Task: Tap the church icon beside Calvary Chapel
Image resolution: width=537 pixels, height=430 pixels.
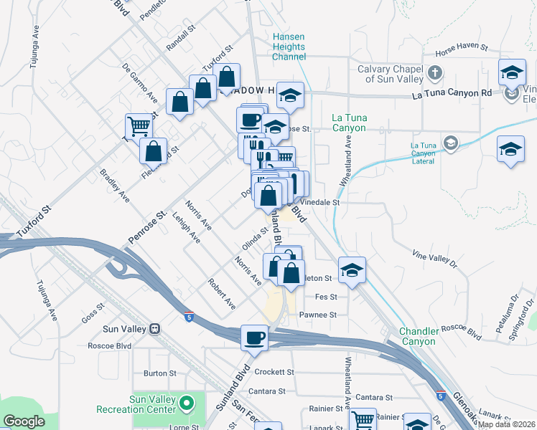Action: click(x=436, y=73)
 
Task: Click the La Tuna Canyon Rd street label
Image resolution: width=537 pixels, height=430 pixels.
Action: click(x=452, y=93)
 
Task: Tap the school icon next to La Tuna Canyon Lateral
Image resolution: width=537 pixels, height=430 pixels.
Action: click(x=450, y=141)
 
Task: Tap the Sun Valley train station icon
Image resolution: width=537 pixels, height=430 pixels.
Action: click(x=153, y=329)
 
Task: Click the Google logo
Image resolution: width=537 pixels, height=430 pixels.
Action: click(x=24, y=421)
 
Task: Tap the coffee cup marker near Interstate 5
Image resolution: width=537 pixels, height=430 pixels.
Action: click(x=253, y=338)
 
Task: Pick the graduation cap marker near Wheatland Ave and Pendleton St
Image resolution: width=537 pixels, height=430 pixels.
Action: click(x=352, y=269)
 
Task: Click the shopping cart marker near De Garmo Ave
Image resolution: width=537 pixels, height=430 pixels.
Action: click(x=139, y=126)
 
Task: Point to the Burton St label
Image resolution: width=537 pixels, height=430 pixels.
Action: click(x=159, y=373)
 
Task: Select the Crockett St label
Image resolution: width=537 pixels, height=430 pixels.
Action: click(x=275, y=372)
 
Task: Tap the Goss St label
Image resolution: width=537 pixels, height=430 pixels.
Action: click(x=93, y=306)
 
